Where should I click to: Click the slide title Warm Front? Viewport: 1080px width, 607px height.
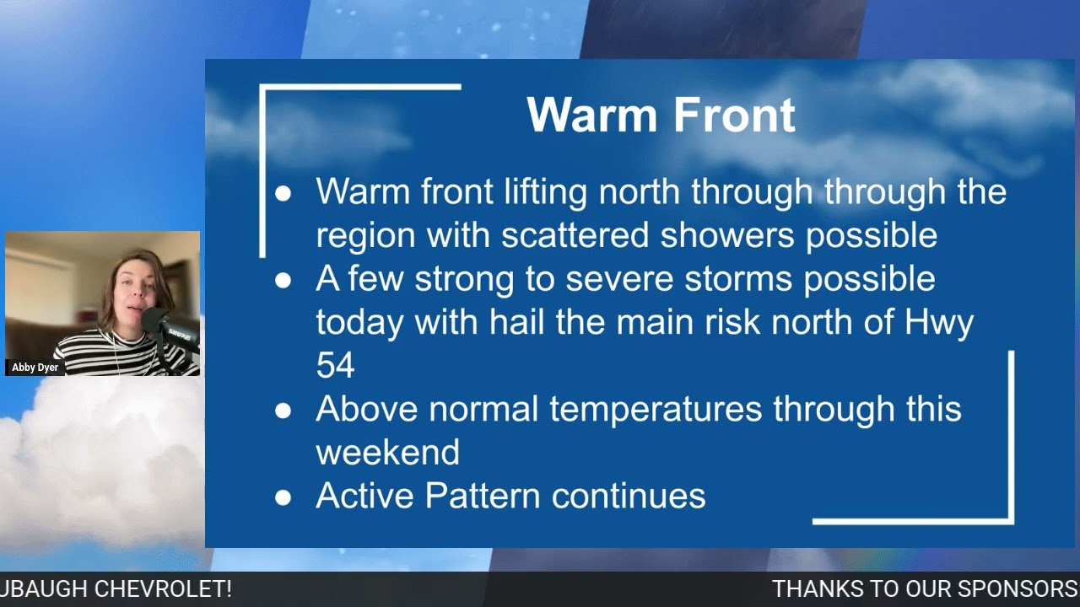pos(661,115)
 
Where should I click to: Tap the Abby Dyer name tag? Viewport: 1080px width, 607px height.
pos(35,368)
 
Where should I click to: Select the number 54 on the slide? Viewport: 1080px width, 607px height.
pos(335,365)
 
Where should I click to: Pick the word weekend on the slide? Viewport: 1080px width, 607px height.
pos(387,452)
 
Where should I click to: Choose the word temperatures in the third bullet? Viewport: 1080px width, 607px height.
pos(656,409)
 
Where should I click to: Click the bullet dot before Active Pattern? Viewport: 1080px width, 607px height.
pos(283,497)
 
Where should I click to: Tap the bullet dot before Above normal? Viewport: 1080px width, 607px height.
pos(283,411)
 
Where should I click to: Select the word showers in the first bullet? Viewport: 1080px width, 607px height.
pos(727,235)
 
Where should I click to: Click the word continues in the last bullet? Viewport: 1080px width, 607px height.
pos(628,496)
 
